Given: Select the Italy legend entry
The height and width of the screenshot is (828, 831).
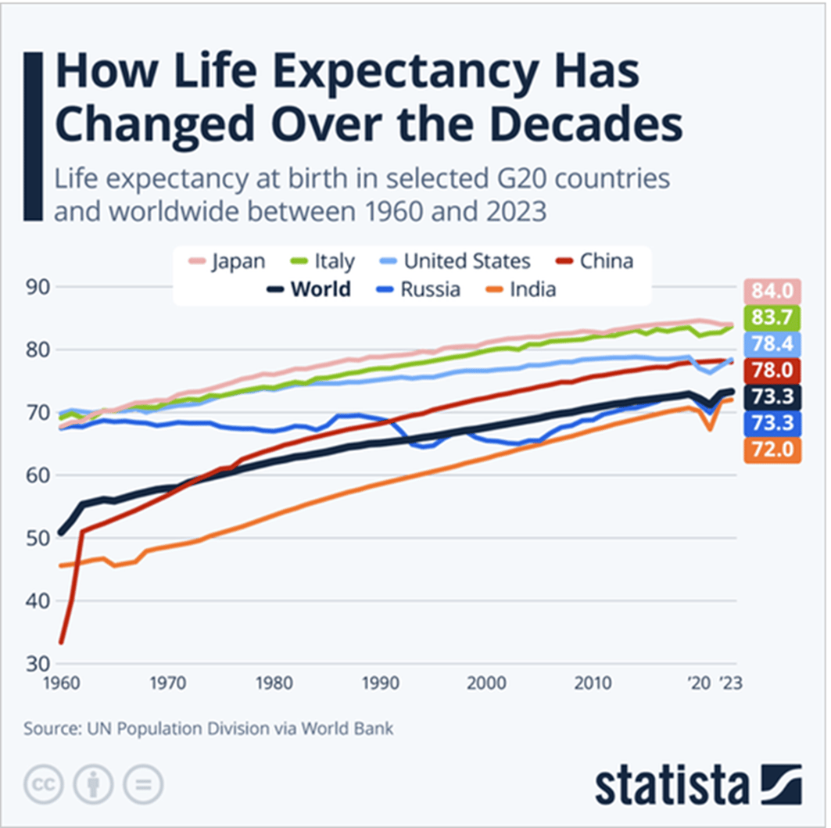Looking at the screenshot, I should (x=325, y=260).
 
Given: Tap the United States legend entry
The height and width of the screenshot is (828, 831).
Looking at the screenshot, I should (x=456, y=260).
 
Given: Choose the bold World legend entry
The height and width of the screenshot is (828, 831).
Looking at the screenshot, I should (x=308, y=289).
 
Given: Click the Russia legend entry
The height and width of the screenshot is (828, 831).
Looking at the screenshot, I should (x=419, y=289).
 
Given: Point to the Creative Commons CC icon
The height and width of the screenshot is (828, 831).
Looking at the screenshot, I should (x=45, y=782).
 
